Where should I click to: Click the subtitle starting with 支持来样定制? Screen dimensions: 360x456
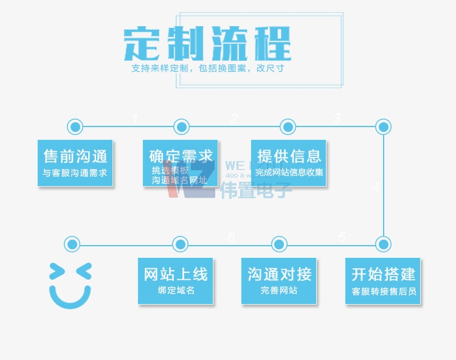(207, 68)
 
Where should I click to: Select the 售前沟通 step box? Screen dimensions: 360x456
(75, 162)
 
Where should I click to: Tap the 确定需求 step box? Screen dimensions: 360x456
(180, 162)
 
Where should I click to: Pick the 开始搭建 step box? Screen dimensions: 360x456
(383, 281)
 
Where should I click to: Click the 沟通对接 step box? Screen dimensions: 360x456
(279, 281)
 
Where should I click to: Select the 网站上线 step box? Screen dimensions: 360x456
(176, 281)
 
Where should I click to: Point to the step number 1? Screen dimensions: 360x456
(135, 119)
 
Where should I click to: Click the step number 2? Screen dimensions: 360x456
(234, 119)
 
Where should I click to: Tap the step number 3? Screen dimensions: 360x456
(337, 119)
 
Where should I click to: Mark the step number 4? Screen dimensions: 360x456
(376, 188)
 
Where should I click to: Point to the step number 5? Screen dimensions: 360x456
(342, 237)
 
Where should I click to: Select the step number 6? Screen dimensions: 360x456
(231, 237)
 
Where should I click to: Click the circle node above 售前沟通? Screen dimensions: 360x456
(75, 126)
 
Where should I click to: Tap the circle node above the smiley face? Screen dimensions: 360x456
(72, 244)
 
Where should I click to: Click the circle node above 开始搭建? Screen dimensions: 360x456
(383, 244)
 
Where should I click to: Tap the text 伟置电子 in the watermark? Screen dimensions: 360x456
(256, 190)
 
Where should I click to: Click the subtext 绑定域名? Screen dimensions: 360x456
(176, 290)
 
